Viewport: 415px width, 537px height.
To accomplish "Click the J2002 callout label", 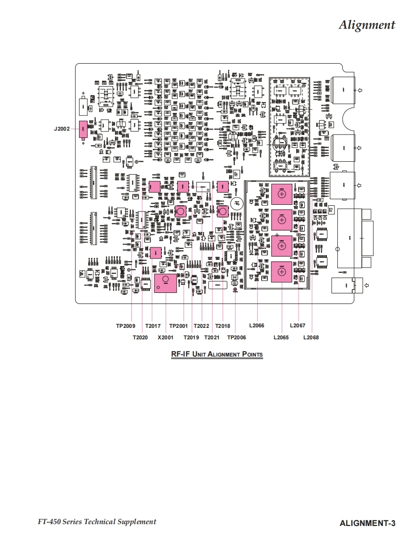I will click(62, 129).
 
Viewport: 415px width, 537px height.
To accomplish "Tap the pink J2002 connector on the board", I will click(83, 129).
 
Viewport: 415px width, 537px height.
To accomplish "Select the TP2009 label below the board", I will click(126, 326).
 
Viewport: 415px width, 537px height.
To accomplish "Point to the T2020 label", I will click(140, 337).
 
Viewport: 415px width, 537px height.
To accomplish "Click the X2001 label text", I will click(165, 337).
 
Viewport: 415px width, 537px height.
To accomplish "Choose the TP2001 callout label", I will click(179, 326).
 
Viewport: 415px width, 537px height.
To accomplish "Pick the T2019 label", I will click(191, 337).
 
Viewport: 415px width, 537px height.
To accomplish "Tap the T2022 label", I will click(201, 326).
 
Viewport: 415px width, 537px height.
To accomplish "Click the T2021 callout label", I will click(212, 337).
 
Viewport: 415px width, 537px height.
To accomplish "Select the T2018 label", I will click(222, 326).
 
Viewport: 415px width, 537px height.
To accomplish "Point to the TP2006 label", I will click(236, 337).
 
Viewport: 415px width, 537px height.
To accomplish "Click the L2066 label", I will click(256, 326).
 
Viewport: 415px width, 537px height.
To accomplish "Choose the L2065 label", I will click(281, 337).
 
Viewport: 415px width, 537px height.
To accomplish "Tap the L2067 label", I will click(298, 326).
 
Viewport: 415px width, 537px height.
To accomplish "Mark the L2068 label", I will click(311, 337).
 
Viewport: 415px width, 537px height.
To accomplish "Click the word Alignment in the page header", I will click(367, 25).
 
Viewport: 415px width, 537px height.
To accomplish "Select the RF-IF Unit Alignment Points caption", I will click(217, 354).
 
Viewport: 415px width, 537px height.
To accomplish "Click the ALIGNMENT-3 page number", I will click(368, 523).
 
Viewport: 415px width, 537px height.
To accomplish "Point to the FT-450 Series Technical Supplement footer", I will click(97, 522).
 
